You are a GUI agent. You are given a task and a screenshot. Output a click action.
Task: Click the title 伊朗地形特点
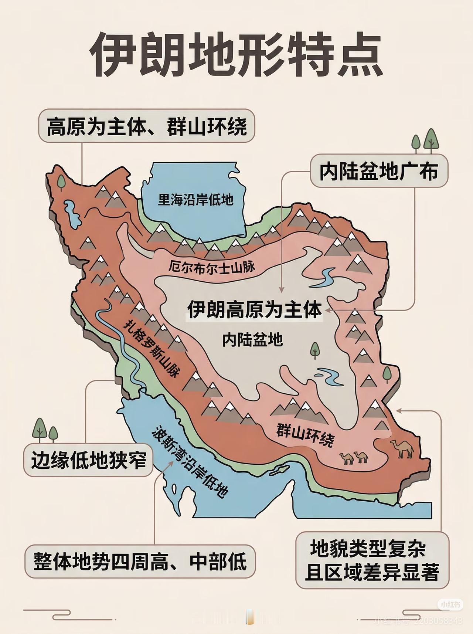pyautogui.click(x=236, y=55)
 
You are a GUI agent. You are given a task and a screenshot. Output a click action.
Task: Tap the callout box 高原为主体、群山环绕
pyautogui.click(x=147, y=126)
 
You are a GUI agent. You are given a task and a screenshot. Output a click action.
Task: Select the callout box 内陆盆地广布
pyautogui.click(x=379, y=171)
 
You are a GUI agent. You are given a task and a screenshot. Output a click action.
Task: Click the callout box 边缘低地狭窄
pyautogui.click(x=88, y=460)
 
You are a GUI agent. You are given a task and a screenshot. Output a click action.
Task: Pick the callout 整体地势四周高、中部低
pyautogui.click(x=140, y=562)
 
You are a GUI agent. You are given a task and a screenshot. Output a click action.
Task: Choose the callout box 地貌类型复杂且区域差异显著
pyautogui.click(x=372, y=560)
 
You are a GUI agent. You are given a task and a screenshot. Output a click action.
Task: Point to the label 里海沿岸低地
pyautogui.click(x=195, y=200)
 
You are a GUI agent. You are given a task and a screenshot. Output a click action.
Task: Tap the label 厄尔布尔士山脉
pyautogui.click(x=212, y=266)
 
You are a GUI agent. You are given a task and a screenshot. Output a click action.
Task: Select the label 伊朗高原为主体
pyautogui.click(x=255, y=309)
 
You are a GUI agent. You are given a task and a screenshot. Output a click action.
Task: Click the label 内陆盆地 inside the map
pyautogui.click(x=253, y=339)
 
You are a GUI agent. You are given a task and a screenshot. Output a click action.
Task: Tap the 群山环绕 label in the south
pyautogui.click(x=305, y=435)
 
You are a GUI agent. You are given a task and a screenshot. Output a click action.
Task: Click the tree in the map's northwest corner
pyautogui.click(x=61, y=182)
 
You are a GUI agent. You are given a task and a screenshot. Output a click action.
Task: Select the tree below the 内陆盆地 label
pyautogui.click(x=315, y=350)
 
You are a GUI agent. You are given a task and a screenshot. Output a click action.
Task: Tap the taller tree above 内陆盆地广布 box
pyautogui.click(x=431, y=140)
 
